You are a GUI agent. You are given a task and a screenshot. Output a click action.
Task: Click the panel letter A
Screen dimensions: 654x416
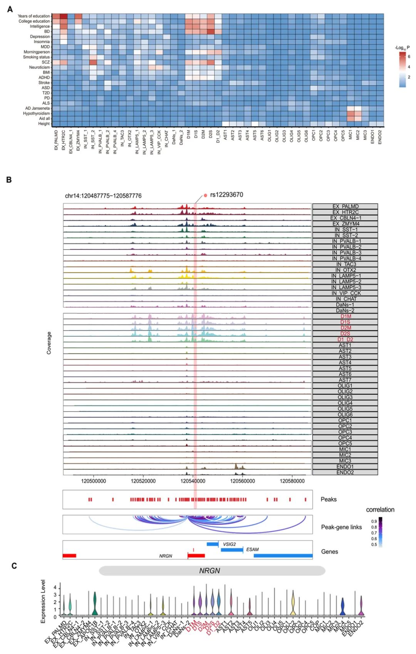pyautogui.click(x=10, y=9)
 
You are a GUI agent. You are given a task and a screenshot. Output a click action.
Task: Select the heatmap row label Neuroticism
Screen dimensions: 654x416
pyautogui.click(x=39, y=67)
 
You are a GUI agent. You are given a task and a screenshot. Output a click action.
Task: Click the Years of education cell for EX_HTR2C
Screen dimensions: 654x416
pyautogui.click(x=63, y=16)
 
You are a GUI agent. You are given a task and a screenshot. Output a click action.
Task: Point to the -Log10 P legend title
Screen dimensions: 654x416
pyautogui.click(x=402, y=48)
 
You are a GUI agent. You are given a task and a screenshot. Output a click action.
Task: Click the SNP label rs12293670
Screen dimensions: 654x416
pyautogui.click(x=226, y=195)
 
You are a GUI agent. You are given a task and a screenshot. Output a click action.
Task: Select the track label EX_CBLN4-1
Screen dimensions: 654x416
pyautogui.click(x=345, y=218)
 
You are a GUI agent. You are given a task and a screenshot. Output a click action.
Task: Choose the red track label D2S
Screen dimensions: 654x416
pyautogui.click(x=345, y=334)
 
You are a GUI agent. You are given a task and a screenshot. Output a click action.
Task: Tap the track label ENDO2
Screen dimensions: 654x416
pyautogui.click(x=345, y=472)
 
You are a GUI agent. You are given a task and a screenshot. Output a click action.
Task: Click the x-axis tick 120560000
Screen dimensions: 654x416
pyautogui.click(x=242, y=481)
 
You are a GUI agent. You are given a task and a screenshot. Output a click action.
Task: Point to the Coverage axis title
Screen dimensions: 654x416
pyautogui.click(x=49, y=343)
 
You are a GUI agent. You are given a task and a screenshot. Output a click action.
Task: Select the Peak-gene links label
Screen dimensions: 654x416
pyautogui.click(x=341, y=527)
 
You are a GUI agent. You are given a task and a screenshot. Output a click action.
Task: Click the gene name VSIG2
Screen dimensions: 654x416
pyautogui.click(x=229, y=544)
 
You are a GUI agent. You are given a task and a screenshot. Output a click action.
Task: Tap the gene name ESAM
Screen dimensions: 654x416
pyautogui.click(x=252, y=550)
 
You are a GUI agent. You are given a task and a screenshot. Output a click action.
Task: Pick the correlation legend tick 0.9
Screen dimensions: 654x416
pyautogui.click(x=374, y=522)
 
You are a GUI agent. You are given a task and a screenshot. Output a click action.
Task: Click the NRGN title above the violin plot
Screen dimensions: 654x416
pyautogui.click(x=210, y=571)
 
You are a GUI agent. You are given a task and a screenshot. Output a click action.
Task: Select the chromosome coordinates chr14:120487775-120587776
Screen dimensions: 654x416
pyautogui.click(x=103, y=196)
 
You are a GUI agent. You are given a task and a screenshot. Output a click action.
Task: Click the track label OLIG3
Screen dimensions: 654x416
pyautogui.click(x=345, y=397)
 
